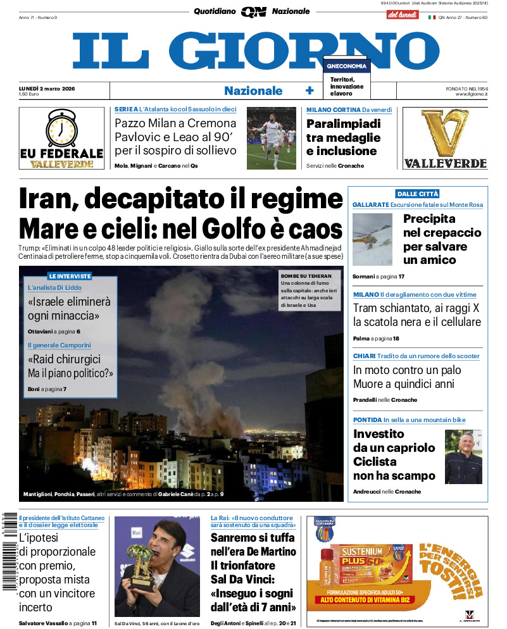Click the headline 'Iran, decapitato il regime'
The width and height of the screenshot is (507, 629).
coord(181,199)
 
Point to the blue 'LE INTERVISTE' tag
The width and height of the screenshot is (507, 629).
coord(70,276)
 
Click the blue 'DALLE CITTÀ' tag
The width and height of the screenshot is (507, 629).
coord(417,194)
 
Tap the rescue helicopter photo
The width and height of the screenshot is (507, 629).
coord(372,239)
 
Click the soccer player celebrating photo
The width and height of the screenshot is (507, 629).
coord(272,138)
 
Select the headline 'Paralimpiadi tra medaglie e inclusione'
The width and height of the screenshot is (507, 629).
coord(343,137)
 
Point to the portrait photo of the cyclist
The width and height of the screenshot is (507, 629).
coord(463,457)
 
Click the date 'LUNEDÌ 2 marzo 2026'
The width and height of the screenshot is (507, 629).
coord(47,88)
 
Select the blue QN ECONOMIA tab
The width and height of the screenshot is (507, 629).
coord(346,66)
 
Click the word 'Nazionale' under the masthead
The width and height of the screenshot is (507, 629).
coord(253,90)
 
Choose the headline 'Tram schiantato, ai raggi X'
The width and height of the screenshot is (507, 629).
coord(416,308)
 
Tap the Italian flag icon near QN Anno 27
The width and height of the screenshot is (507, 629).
coord(432,17)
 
